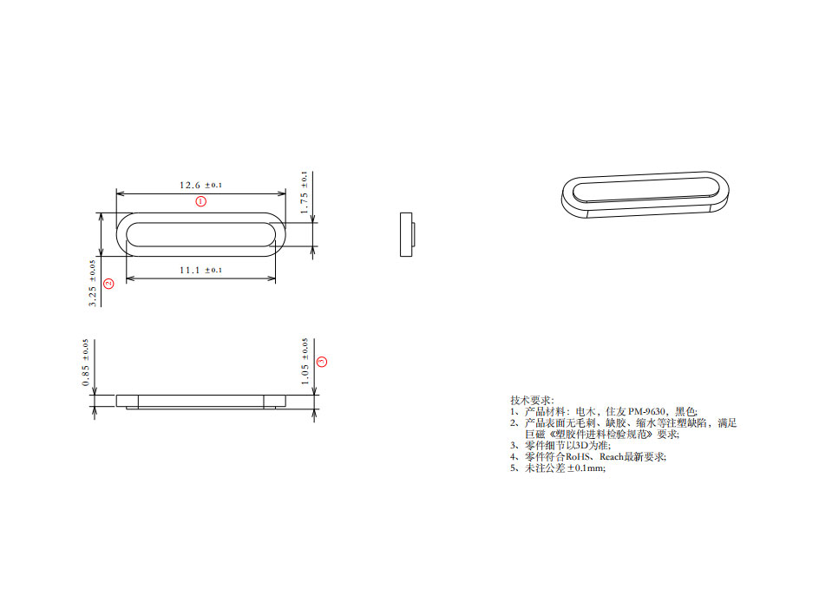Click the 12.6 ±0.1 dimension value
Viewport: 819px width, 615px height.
(200, 185)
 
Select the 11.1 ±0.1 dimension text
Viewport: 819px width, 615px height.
(200, 270)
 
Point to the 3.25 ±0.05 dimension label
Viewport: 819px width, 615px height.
(93, 282)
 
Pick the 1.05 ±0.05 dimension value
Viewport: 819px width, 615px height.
(305, 363)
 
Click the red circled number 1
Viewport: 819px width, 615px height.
(200, 201)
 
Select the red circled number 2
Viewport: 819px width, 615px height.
(108, 284)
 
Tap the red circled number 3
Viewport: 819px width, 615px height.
(321, 361)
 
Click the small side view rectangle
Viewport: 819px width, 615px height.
(406, 234)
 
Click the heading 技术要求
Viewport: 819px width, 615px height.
(526, 400)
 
